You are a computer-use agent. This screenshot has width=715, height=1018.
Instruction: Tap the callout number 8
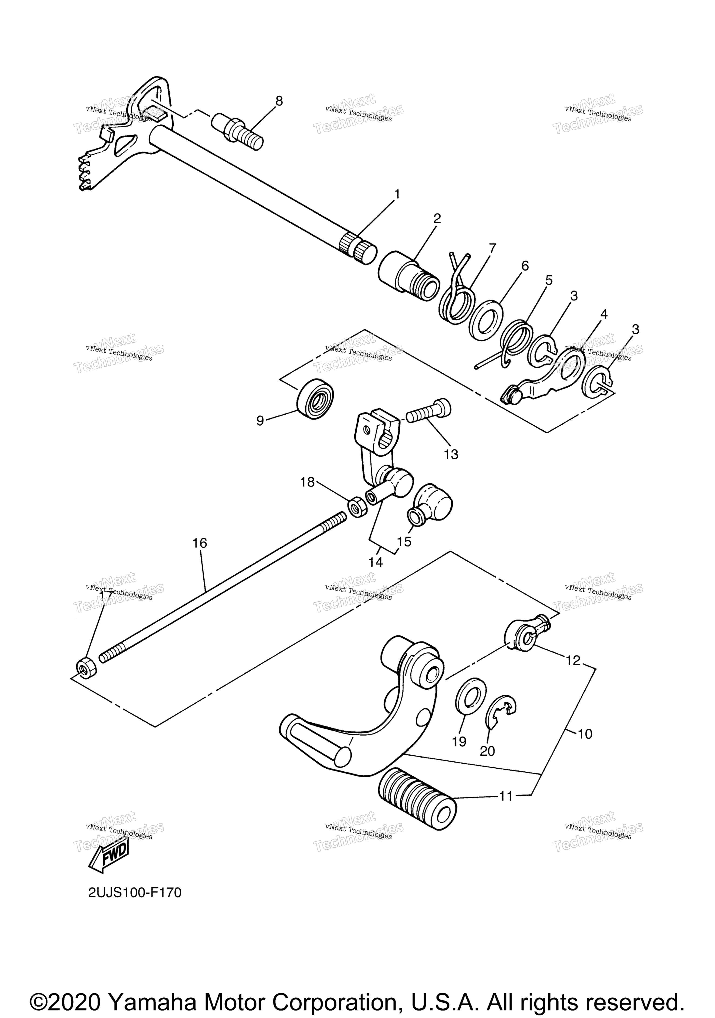pos(279,101)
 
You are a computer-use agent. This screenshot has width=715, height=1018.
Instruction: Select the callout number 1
pos(397,194)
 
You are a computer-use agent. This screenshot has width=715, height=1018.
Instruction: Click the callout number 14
pos(375,562)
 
